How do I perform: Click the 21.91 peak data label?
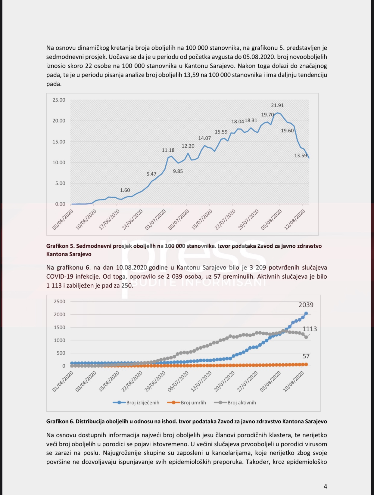[277, 105]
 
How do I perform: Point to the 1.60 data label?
[125, 190]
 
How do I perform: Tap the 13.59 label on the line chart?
[301, 156]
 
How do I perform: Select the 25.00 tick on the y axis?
[59, 100]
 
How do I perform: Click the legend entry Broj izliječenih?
[142, 403]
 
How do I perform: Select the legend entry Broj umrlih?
[193, 403]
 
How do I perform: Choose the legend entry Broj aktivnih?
[242, 403]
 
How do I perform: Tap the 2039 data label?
[306, 305]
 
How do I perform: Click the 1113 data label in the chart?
[310, 329]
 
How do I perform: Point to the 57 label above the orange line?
[306, 356]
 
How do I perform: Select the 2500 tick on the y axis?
[59, 302]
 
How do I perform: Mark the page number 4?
[325, 486]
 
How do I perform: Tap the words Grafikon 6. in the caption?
[60, 421]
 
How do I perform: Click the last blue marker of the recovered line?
[306, 314]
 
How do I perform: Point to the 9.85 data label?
[178, 171]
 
